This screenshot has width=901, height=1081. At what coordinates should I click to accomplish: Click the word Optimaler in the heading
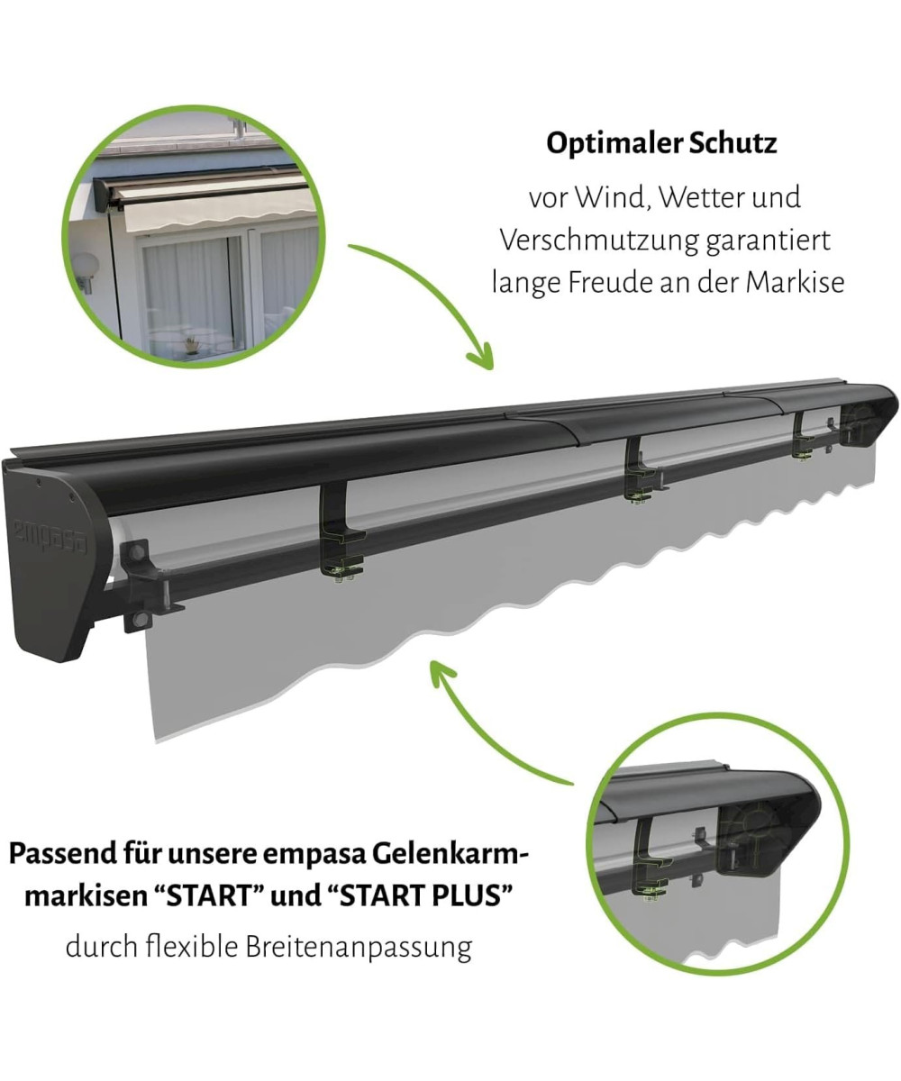click(613, 144)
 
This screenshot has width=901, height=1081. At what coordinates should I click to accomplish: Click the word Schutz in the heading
click(733, 142)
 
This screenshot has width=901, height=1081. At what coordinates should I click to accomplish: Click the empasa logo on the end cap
click(50, 536)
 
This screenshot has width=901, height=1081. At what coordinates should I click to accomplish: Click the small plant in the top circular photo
click(190, 344)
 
